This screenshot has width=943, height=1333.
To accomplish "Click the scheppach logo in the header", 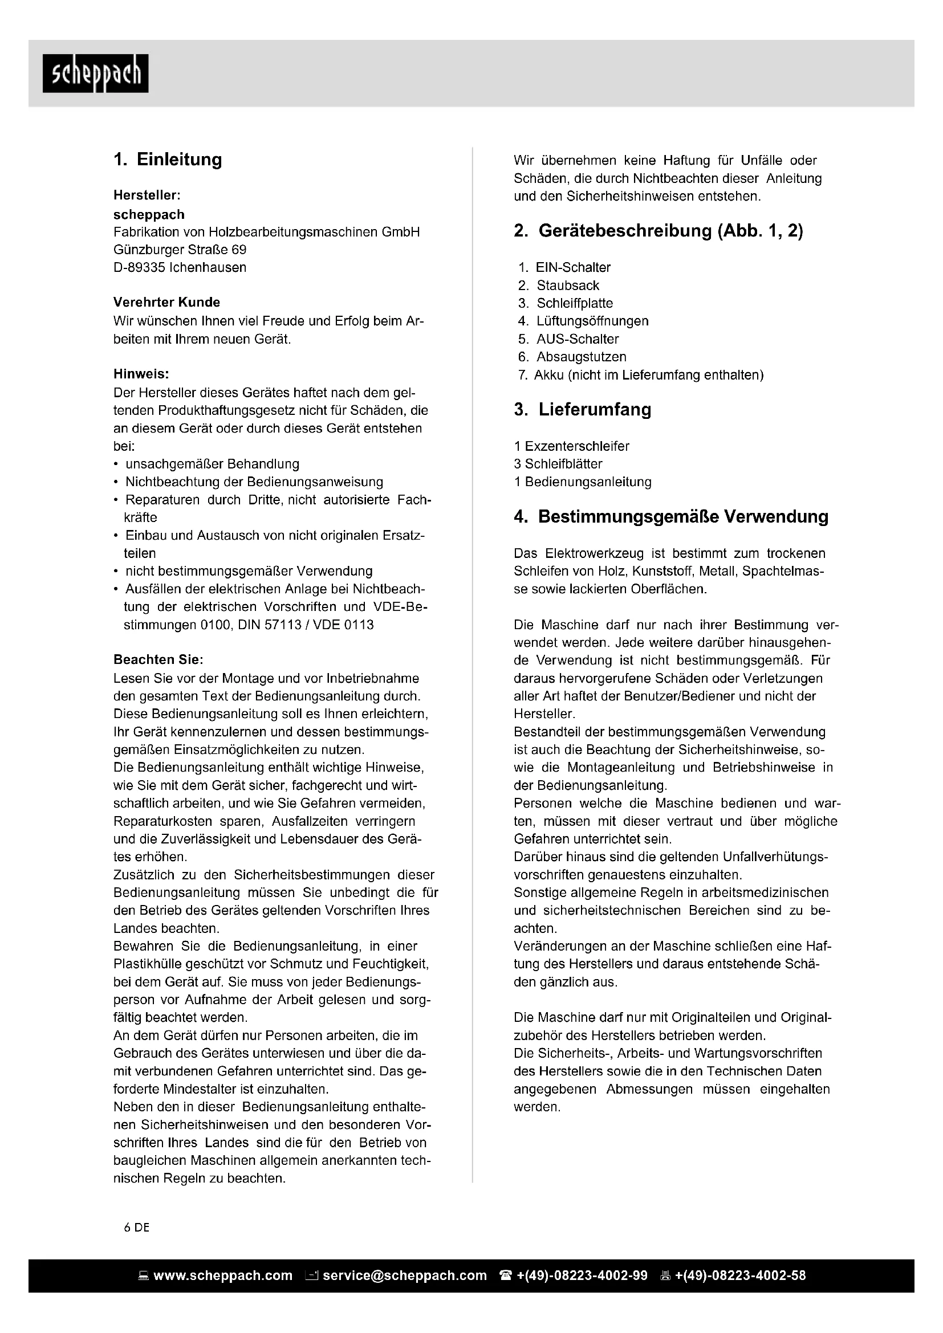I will (x=95, y=73).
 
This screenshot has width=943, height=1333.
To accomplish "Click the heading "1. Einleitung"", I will (x=168, y=160).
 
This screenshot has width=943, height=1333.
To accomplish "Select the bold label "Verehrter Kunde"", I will (x=166, y=302).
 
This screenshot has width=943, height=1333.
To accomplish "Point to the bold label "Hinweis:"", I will (x=141, y=374).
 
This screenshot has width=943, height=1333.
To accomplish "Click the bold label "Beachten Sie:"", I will (x=158, y=659).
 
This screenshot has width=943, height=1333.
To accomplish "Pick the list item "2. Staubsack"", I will (x=559, y=286).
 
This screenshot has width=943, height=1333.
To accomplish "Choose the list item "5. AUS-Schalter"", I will (x=568, y=339).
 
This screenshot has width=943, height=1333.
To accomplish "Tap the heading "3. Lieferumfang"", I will (x=583, y=409).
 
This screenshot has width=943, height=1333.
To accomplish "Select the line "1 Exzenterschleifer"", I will (x=571, y=446).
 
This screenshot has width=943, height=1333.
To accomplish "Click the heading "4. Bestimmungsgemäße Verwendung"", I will (x=670, y=517).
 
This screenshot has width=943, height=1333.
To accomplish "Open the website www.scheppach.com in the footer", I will (x=222, y=1275).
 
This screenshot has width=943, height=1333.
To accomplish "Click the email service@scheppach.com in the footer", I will (x=404, y=1275).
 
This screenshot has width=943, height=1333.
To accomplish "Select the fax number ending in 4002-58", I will (x=740, y=1275).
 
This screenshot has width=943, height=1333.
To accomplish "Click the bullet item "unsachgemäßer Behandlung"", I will (x=212, y=464).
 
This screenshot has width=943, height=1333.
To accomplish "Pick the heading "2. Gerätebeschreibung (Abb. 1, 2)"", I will (x=659, y=231).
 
